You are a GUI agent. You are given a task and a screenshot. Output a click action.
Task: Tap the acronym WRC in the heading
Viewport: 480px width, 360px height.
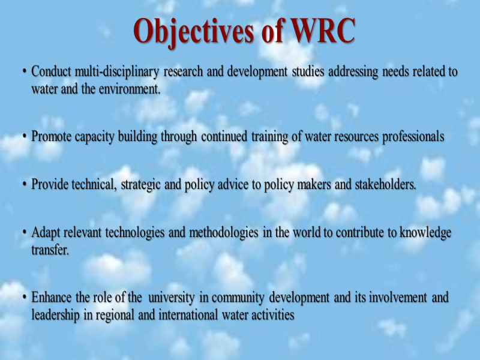(x=323, y=31)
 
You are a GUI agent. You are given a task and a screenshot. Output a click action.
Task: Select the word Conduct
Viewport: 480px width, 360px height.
(x=51, y=71)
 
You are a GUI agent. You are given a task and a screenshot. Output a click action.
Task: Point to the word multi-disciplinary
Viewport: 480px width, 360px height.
(x=117, y=72)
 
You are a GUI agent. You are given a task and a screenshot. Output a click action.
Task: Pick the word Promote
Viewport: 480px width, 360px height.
(x=51, y=136)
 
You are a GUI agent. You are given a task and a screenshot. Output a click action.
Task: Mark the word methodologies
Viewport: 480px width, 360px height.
(x=224, y=233)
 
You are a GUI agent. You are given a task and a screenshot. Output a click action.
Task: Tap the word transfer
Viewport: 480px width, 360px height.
(x=50, y=250)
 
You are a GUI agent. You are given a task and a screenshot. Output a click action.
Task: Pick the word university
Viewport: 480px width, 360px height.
(x=171, y=298)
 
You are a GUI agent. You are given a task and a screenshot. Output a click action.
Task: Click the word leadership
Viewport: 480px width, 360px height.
(x=55, y=316)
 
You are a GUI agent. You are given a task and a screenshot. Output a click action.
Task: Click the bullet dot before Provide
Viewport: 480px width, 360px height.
(x=25, y=185)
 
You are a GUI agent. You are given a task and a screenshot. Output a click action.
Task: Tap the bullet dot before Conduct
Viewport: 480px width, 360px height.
(x=25, y=71)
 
